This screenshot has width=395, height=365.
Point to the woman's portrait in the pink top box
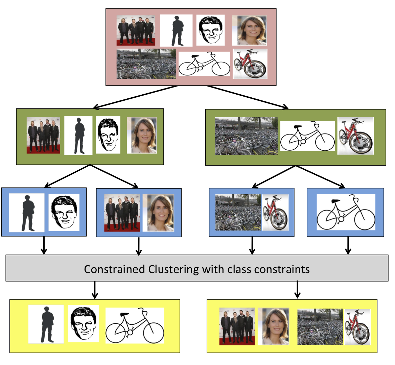[x=250, y=30]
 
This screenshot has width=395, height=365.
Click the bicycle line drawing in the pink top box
[x=204, y=64]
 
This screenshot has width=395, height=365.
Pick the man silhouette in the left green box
[x=78, y=136]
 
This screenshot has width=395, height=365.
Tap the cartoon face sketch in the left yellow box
[x=83, y=324]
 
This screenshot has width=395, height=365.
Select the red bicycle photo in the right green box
[x=355, y=136]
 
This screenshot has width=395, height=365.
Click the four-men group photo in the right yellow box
[x=237, y=326]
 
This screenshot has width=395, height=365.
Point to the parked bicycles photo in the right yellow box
[x=320, y=326]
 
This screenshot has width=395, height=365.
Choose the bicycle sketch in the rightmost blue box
[x=346, y=213]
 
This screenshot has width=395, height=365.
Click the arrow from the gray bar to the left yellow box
[x=95, y=290]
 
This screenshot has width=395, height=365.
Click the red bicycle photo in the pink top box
[x=250, y=64]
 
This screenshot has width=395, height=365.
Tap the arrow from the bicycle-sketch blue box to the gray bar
[x=348, y=246]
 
